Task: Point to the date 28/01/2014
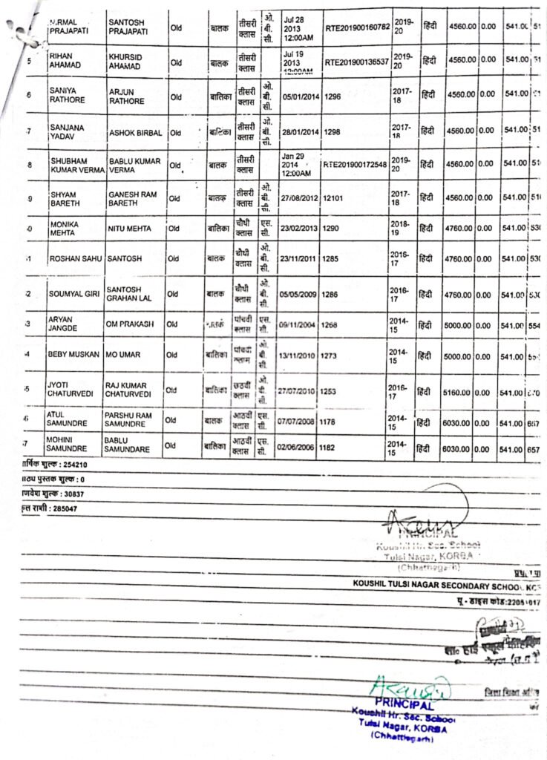(x=300, y=131)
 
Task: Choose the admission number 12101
(x=333, y=198)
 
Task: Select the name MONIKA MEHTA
(x=65, y=227)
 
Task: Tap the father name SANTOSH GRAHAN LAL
(x=130, y=293)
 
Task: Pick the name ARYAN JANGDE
(x=65, y=324)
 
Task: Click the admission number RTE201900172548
(x=356, y=164)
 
